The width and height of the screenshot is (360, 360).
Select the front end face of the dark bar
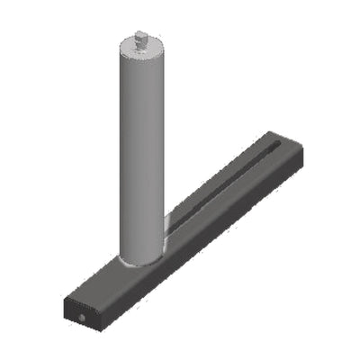coord(81,310)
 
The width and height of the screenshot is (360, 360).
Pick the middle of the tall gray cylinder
coord(142,153)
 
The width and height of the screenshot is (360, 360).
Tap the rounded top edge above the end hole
coord(76,297)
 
